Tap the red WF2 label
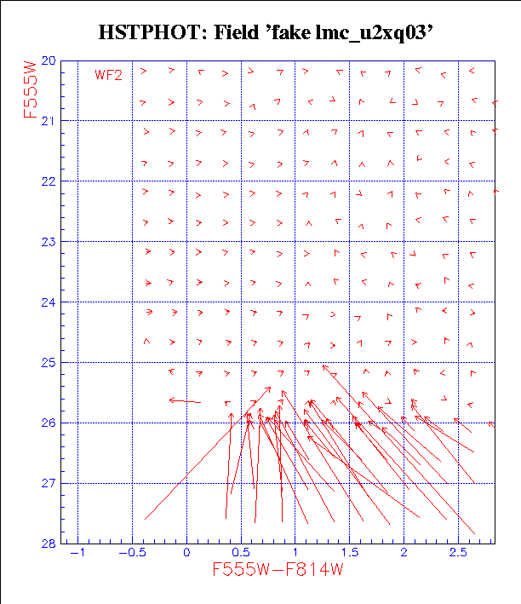pos(109,75)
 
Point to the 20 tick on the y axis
pos(48,61)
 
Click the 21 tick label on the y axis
pos(48,122)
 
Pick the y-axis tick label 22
pos(48,182)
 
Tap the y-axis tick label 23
pos(48,243)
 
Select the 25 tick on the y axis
pos(48,363)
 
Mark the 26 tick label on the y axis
pos(48,423)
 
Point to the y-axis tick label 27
pos(48,484)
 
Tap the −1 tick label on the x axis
pos(78,553)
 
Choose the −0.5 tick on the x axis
pos(132,553)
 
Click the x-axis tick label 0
pos(186,553)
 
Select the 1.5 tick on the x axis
pos(349,553)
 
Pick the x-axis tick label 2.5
pos(457,553)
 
